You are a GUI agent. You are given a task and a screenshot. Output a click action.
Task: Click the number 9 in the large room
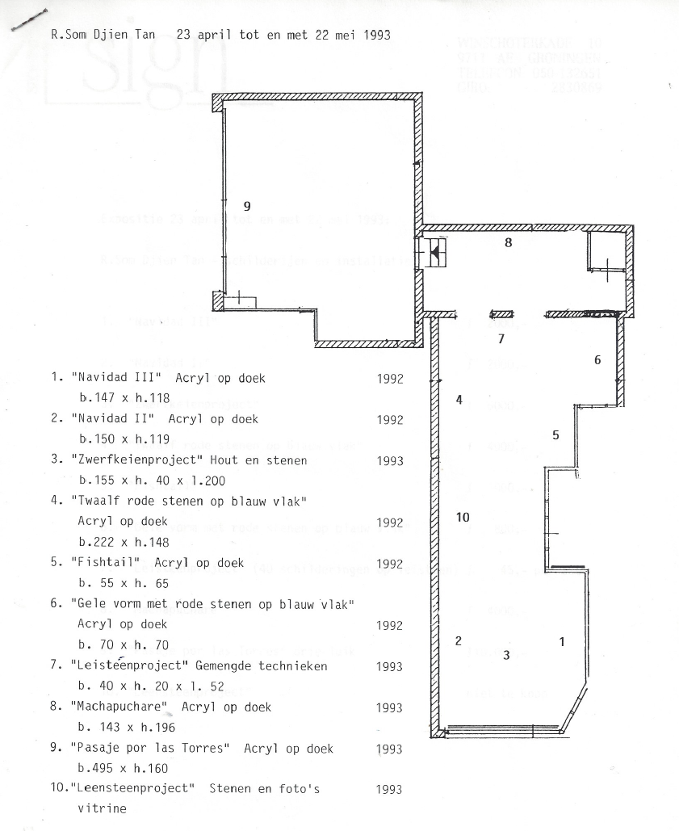pos(247,206)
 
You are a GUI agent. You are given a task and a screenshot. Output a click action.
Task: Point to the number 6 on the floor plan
pos(597,360)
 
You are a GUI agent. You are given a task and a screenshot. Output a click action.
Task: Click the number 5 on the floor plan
pos(555,435)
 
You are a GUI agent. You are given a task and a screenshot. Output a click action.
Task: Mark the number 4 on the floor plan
pos(459,400)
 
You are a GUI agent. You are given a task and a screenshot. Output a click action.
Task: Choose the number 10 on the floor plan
pos(463,518)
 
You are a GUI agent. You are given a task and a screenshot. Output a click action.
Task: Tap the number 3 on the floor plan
pos(506,655)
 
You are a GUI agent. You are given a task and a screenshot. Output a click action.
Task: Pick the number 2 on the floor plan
pos(458,641)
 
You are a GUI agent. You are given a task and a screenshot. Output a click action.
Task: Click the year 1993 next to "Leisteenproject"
pos(389,666)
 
